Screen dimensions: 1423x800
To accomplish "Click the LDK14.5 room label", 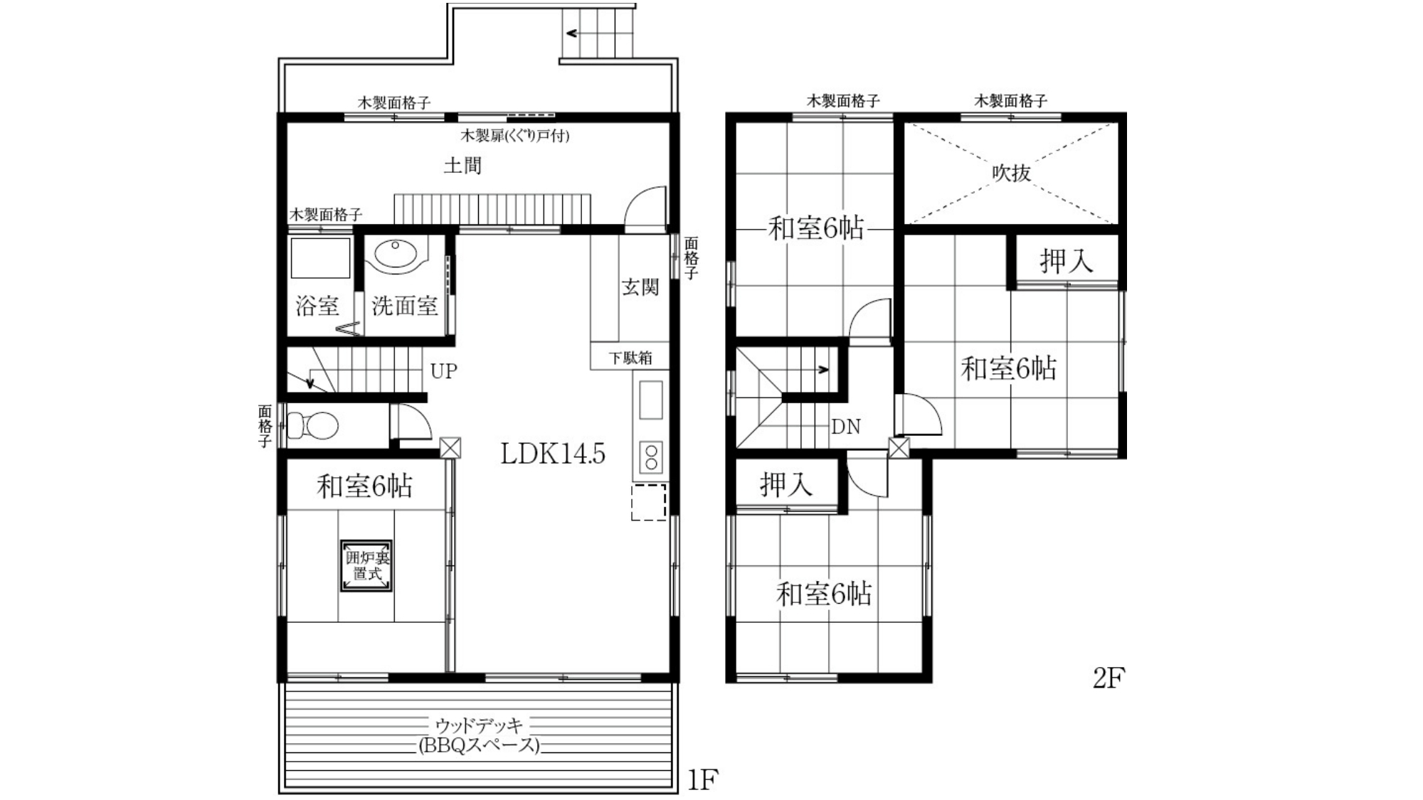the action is pos(553,453).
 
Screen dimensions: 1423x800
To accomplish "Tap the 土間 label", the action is pos(462,166).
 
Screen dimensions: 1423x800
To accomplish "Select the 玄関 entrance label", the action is pos(640,287).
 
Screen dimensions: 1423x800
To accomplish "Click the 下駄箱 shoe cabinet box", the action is pos(630,356).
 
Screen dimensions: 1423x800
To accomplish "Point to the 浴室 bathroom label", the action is pos(317,306).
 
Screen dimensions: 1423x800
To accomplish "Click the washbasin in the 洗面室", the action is pos(396,257).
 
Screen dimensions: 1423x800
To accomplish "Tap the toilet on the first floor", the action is pos(312,426).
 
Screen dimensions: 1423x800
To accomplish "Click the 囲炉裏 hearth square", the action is pos(366,566).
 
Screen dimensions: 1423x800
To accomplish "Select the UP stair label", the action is pos(443,371).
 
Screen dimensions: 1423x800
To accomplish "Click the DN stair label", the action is pos(846,427).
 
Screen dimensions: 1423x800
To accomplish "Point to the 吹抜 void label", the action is pos(1011,173).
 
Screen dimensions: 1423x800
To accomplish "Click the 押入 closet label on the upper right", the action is pos(1066,261).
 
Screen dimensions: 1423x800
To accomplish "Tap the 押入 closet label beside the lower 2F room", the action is pos(786,484).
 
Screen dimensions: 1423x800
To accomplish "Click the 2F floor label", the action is pos(1109,678).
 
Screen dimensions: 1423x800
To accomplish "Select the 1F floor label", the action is pos(702,781).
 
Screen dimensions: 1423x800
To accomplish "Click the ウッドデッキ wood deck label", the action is pos(479,725).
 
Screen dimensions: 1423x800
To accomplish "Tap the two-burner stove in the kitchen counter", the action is pos(651,457).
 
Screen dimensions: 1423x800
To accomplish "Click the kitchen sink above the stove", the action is pos(651,400).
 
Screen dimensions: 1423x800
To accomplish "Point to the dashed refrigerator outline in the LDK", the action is pos(648,502).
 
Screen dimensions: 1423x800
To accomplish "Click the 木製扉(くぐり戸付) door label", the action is pos(514,135).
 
